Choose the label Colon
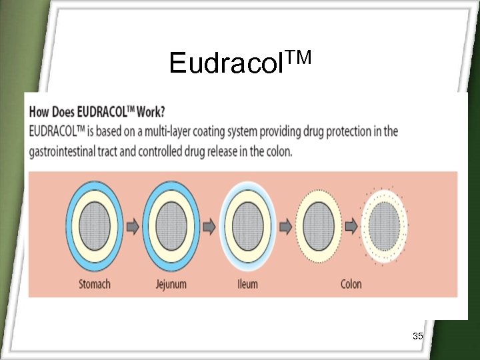point(351,284)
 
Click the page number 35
point(418,336)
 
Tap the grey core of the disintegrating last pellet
point(385,226)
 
